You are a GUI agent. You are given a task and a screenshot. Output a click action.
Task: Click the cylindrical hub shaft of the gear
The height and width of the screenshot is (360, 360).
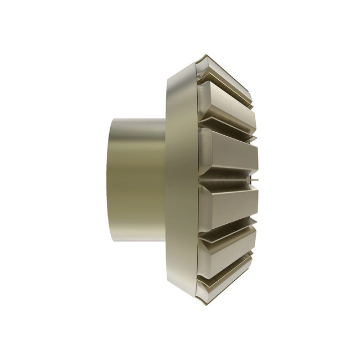136,180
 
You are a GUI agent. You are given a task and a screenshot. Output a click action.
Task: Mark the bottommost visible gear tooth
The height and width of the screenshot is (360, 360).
227,282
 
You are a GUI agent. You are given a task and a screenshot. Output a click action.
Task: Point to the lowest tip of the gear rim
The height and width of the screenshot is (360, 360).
206,305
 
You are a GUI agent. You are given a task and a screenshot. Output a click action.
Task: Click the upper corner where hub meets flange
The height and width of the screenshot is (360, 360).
165,119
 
